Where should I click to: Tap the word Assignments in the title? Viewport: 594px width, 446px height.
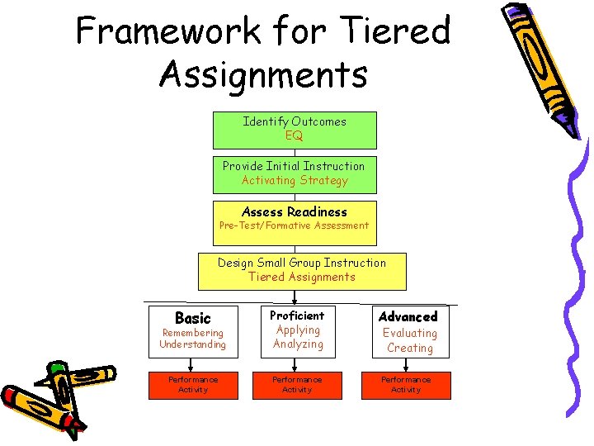[x=263, y=74]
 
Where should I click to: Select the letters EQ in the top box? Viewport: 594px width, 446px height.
[x=295, y=136]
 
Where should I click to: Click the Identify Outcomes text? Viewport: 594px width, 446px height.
[x=295, y=121]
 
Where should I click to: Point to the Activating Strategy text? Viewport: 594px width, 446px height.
[x=295, y=181]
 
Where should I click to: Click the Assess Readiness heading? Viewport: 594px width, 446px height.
[x=295, y=211]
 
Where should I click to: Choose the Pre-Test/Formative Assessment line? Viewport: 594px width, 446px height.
[x=295, y=225]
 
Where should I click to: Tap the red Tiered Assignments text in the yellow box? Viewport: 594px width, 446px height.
[x=302, y=277]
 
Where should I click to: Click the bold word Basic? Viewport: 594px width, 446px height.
[x=193, y=318]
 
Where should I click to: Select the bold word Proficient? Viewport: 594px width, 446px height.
[x=298, y=316]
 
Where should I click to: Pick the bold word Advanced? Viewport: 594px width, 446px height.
[x=408, y=316]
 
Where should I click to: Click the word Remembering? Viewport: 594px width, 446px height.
[x=192, y=333]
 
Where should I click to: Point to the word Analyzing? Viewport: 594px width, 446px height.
[x=298, y=344]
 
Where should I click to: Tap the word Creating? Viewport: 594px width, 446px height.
[x=410, y=348]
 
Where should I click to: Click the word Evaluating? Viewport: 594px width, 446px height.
[x=410, y=333]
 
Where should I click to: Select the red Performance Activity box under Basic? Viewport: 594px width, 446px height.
[x=193, y=385]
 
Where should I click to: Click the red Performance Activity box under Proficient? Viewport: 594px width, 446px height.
[x=297, y=385]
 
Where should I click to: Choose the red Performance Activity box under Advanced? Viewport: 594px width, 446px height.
[x=406, y=385]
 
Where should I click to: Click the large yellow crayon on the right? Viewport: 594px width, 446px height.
[x=541, y=66]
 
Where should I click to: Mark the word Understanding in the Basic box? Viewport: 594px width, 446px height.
[x=192, y=344]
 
